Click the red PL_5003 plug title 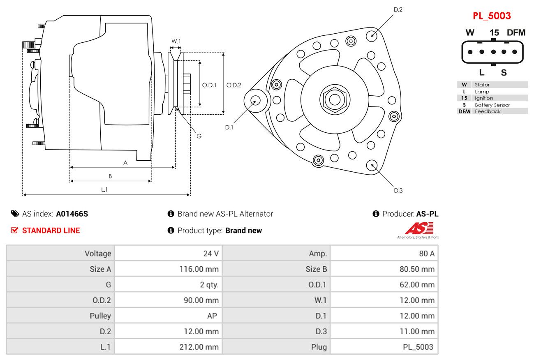tap(491, 16)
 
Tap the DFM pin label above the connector tap(516, 33)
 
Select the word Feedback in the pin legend tap(488, 111)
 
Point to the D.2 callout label tap(398, 9)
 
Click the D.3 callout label tap(398, 190)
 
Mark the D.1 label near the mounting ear tap(229, 127)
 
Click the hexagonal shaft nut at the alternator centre tap(335, 99)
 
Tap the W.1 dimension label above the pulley tap(176, 41)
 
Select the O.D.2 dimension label tap(234, 85)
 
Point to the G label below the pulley tap(199, 136)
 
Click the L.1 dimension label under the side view tap(104, 189)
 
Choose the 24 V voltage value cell tap(211, 254)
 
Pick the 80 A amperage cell tap(426, 254)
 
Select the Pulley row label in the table tap(100, 316)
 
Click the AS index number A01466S tap(72, 214)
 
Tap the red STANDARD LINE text tap(51, 231)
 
